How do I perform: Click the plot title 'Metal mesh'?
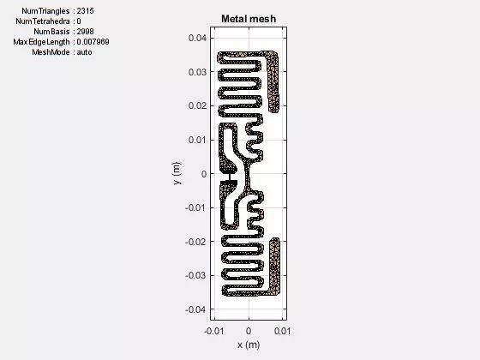click(249, 19)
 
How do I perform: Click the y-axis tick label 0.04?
click(197, 38)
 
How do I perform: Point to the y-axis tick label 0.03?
click(197, 72)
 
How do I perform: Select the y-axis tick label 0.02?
click(197, 105)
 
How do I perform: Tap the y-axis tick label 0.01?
click(197, 140)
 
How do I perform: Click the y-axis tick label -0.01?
click(196, 207)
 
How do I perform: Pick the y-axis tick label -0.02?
click(196, 242)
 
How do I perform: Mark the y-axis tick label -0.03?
click(196, 275)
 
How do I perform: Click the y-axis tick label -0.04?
click(196, 309)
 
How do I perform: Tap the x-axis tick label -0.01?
click(214, 331)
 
